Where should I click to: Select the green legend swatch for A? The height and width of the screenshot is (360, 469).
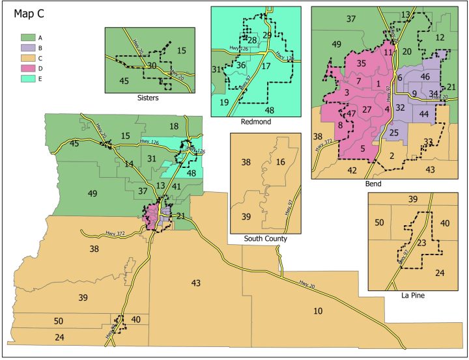(27, 38)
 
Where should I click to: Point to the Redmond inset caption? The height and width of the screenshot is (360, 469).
(255, 122)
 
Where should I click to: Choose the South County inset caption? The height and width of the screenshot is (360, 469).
(265, 239)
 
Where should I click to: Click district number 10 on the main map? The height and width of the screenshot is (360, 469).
(318, 311)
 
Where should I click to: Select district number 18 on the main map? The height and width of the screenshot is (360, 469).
(173, 126)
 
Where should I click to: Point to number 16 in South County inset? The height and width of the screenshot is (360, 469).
(280, 161)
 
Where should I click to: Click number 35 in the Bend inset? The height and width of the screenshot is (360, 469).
(361, 63)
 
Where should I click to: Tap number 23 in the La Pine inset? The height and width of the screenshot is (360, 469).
(421, 242)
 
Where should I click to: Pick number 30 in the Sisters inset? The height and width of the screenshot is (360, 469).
(151, 66)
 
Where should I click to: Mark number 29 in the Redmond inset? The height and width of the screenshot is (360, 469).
(267, 35)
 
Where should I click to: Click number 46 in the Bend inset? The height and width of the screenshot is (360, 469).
(425, 77)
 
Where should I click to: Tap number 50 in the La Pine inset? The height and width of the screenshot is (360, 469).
(378, 223)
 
